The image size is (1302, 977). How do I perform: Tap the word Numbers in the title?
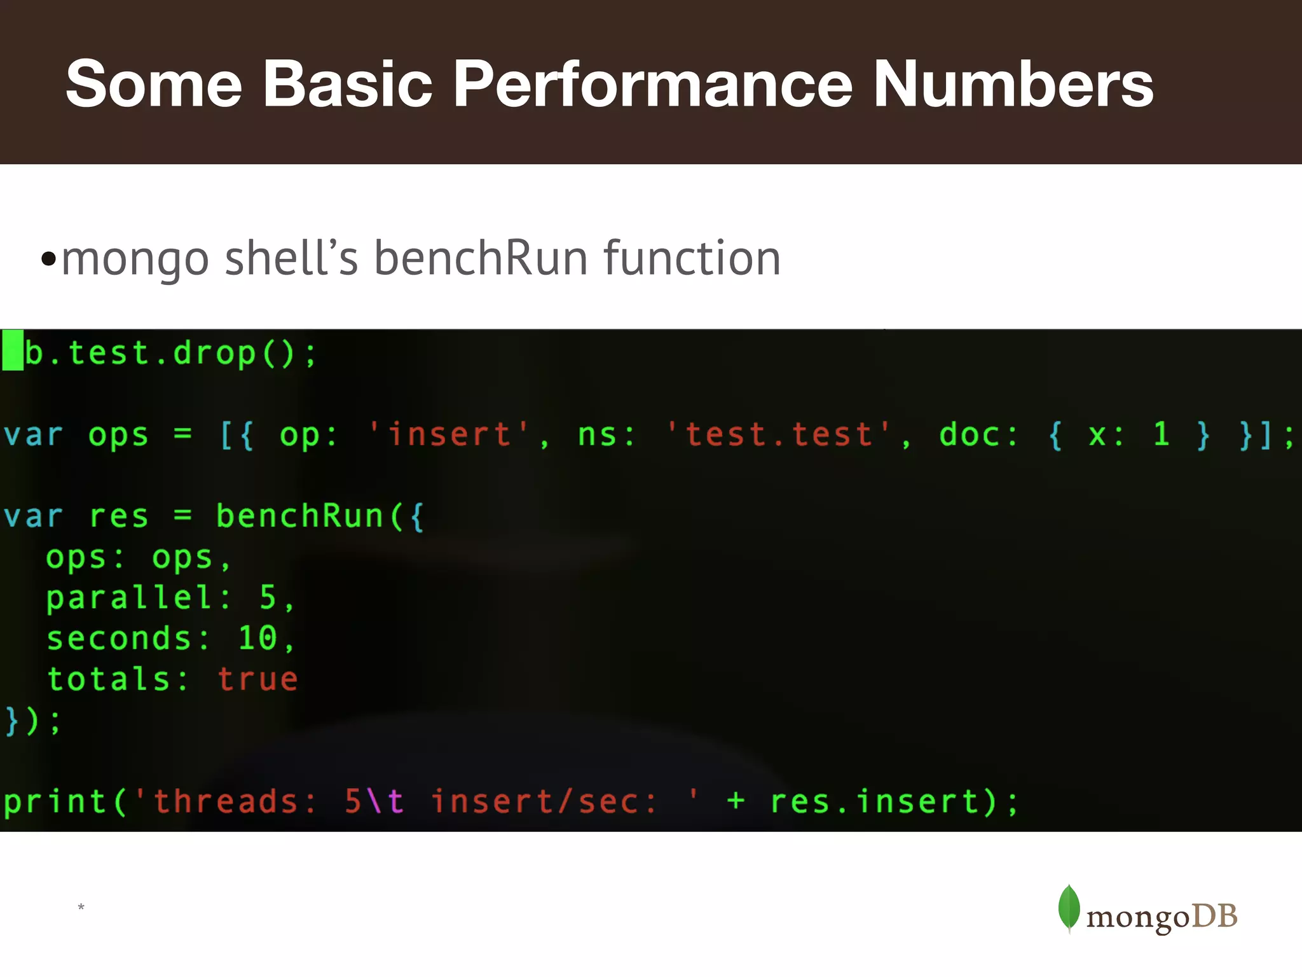pyautogui.click(x=1013, y=84)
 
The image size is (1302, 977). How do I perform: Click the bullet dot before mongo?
pyautogui.click(x=48, y=259)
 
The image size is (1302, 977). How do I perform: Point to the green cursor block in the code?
pyautogui.click(x=13, y=350)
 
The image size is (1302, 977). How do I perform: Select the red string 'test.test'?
pyautogui.click(x=779, y=435)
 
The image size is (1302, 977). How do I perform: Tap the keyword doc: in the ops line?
pyautogui.click(x=978, y=435)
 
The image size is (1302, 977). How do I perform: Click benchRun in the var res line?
pyautogui.click(x=299, y=516)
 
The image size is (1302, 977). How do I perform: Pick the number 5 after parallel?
pyautogui.click(x=268, y=597)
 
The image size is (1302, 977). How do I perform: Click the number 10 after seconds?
pyautogui.click(x=257, y=638)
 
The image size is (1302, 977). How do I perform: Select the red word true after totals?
pyautogui.click(x=257, y=679)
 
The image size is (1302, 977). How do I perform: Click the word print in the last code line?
pyautogui.click(x=55, y=801)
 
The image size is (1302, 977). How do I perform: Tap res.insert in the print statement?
pyautogui.click(x=875, y=801)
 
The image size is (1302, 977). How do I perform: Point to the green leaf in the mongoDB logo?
pyautogui.click(x=1069, y=908)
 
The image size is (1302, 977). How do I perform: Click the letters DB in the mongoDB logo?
pyautogui.click(x=1214, y=916)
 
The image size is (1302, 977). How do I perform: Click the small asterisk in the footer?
pyautogui.click(x=81, y=907)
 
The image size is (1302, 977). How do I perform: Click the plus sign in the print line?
pyautogui.click(x=736, y=801)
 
